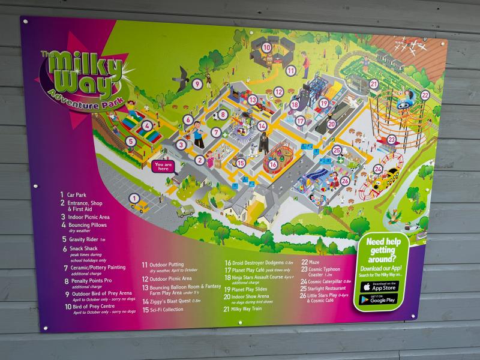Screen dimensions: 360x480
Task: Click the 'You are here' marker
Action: coord(163,166)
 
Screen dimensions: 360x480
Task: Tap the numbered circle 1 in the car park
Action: coord(134,197)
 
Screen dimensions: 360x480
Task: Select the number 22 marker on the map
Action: coord(425,95)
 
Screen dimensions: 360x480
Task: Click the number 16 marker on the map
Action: coord(273,164)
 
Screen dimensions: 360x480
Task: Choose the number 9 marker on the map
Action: coord(197,84)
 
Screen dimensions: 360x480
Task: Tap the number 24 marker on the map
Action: coord(378,169)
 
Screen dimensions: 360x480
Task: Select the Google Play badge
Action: coord(379,299)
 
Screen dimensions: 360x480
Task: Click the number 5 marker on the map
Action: coord(130,142)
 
